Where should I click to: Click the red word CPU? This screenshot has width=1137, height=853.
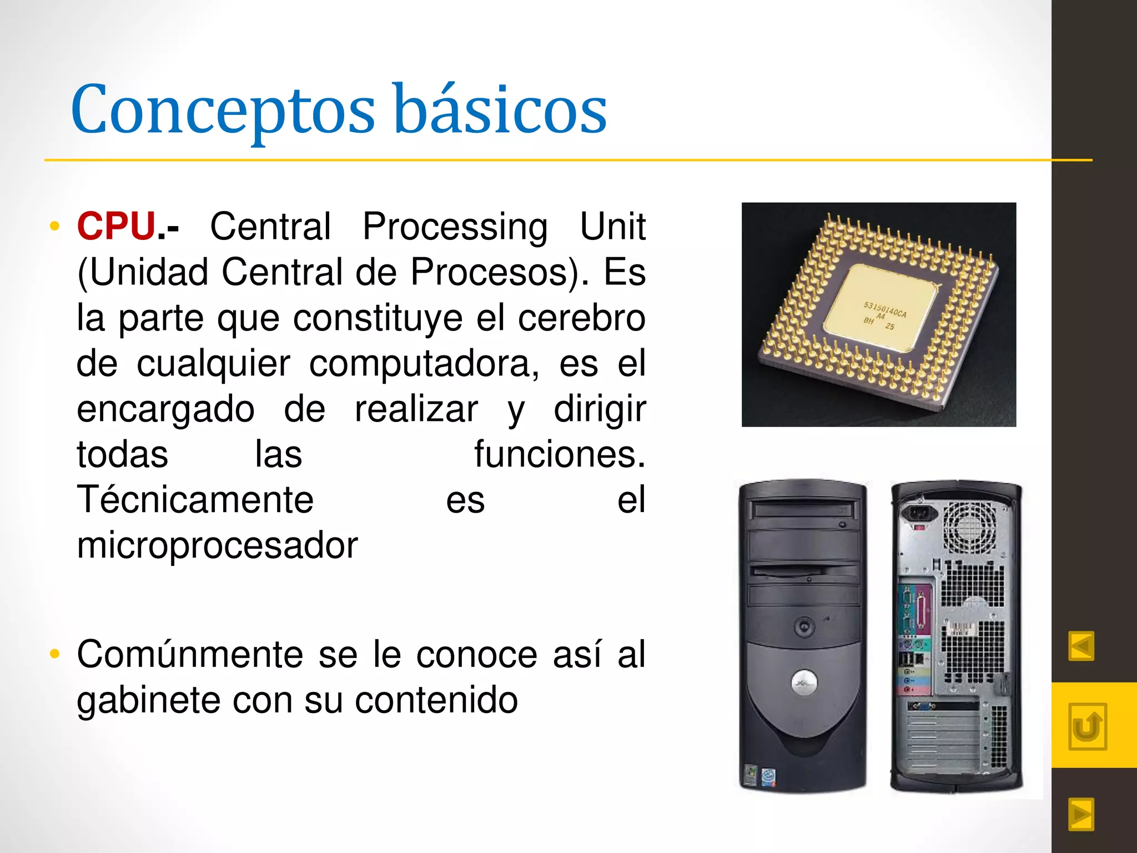[116, 227]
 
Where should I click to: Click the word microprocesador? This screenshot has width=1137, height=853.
[217, 545]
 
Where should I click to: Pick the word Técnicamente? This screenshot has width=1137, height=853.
[195, 500]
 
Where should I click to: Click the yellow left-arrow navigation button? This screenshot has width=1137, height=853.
[1081, 646]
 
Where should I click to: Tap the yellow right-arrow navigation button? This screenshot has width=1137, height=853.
[1081, 814]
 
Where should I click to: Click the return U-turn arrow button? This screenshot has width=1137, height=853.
[1087, 726]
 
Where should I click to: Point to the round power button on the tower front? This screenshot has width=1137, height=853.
[804, 627]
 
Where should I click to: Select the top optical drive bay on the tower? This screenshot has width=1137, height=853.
[803, 509]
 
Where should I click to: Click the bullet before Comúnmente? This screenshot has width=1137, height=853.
[54, 654]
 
